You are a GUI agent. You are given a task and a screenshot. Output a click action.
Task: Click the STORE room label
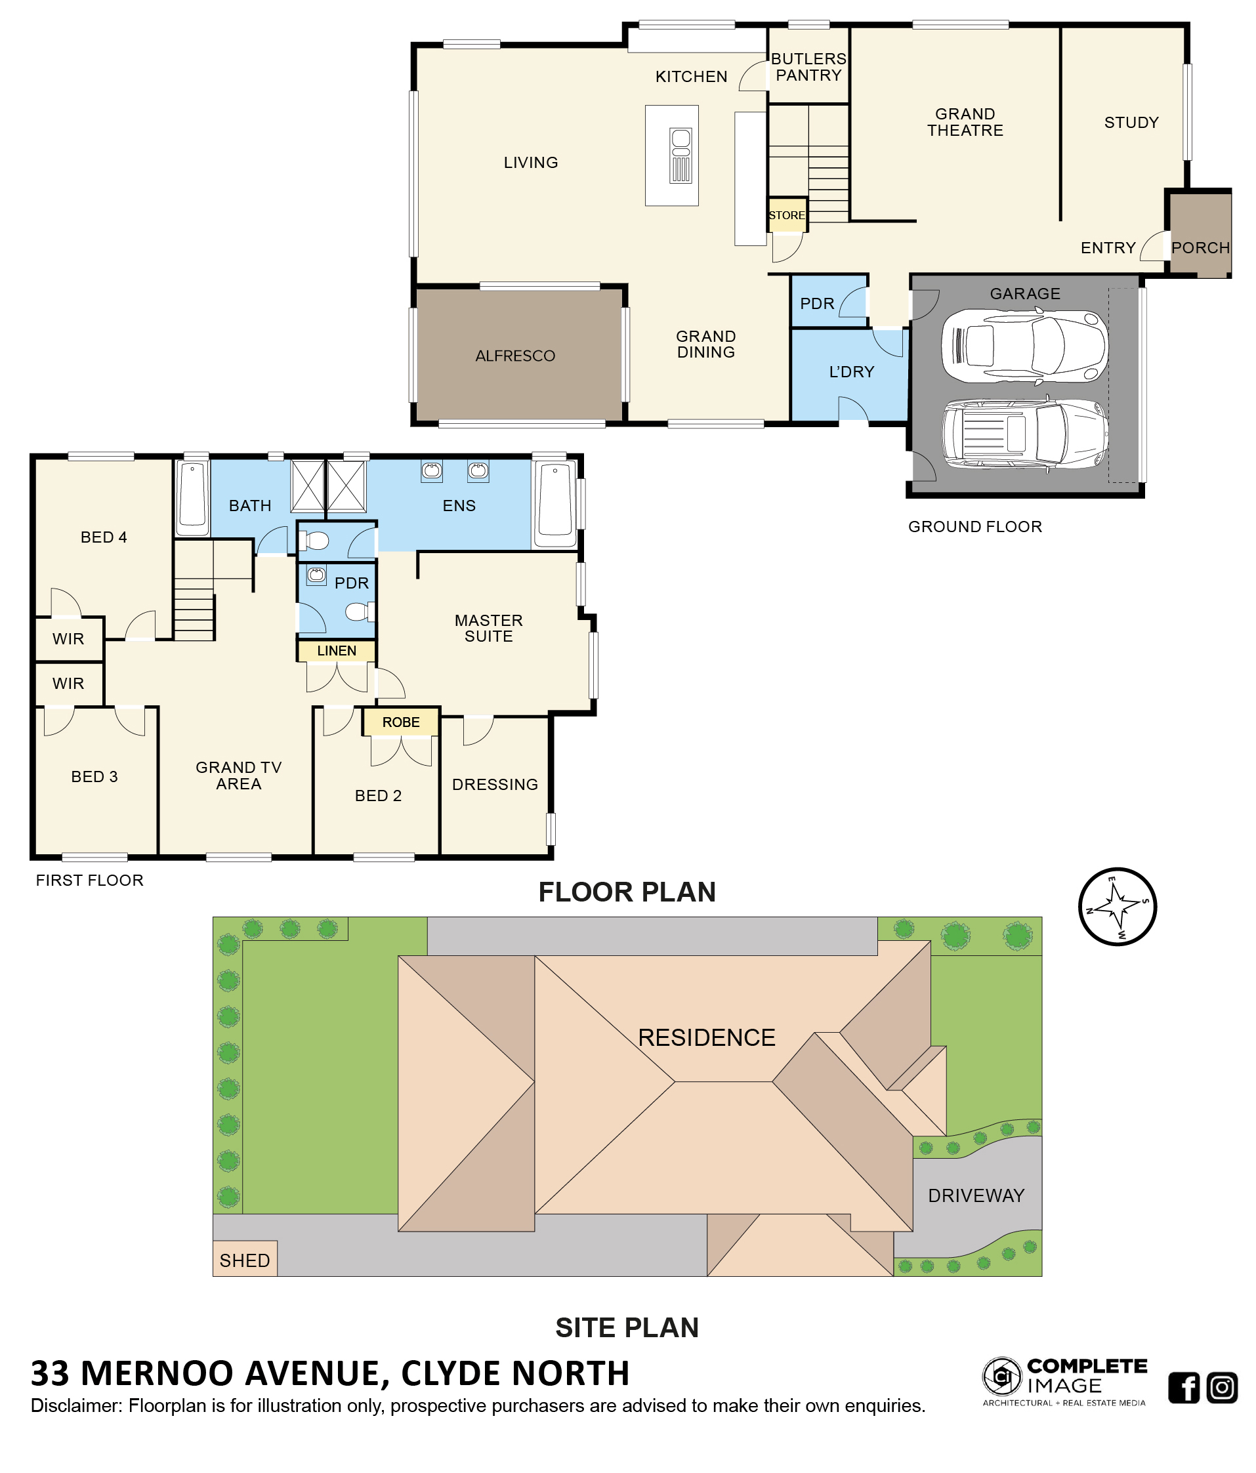pos(786,215)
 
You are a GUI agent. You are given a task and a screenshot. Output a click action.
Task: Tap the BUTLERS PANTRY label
pos(808,67)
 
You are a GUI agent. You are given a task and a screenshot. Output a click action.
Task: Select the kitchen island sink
pos(680,156)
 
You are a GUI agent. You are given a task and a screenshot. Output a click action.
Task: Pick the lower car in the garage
pos(1024,434)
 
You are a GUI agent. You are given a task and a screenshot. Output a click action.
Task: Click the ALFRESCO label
pos(515,356)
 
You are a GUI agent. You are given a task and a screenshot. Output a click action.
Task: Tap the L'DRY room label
pos(852,372)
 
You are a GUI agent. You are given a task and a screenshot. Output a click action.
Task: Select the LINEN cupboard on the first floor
pos(336,650)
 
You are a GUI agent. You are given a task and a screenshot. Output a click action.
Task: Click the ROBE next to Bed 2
pos(401,722)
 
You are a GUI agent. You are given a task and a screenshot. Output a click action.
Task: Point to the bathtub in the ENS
pos(555,505)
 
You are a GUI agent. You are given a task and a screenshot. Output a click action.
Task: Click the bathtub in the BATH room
pos(192,497)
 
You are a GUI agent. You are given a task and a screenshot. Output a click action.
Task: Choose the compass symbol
pos(1117,907)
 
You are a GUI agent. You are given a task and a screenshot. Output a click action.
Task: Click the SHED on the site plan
pos(245,1260)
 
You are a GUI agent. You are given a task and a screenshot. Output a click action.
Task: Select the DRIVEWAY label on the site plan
pos(976,1195)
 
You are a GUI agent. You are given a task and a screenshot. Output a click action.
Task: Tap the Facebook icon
pos(1184,1388)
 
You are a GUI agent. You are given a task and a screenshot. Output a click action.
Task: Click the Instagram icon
pos(1222,1388)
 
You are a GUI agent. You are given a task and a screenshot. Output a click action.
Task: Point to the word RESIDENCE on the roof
pos(707,1038)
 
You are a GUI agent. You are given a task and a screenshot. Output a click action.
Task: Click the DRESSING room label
pos(495,784)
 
